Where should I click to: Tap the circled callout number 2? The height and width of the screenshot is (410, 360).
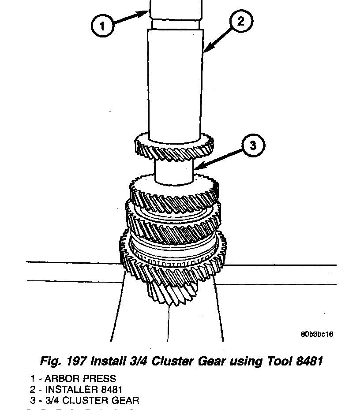pos(240,21)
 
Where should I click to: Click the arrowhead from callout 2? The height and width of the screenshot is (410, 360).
pos(206,52)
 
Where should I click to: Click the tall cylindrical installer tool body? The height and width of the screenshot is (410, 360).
pos(175,84)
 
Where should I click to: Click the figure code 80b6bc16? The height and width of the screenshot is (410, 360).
pos(317,334)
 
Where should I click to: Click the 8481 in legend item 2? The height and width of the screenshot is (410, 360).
pos(111,390)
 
